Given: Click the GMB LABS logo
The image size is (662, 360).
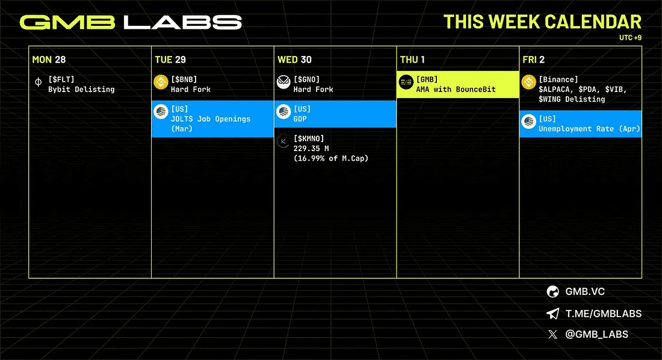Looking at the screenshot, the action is (x=131, y=22).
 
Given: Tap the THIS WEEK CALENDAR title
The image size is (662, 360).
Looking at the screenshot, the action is (x=542, y=22).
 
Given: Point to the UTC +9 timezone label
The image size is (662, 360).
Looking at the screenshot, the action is (x=630, y=37).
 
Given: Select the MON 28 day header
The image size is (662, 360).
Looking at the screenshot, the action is (x=49, y=60).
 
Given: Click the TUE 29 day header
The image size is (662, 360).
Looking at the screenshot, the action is (x=170, y=60).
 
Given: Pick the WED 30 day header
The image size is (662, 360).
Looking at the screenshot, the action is (x=294, y=60).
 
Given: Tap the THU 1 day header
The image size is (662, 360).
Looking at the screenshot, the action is (x=412, y=60).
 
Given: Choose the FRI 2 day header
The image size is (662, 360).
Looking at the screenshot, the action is (x=533, y=60).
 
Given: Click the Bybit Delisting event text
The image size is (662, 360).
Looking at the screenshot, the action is (x=81, y=89).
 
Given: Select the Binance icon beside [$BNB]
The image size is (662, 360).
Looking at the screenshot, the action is (x=161, y=82).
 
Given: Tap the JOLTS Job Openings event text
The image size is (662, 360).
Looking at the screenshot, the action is (x=211, y=119).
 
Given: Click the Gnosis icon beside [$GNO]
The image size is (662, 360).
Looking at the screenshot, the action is (x=283, y=82).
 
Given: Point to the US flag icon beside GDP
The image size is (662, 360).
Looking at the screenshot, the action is (x=283, y=111).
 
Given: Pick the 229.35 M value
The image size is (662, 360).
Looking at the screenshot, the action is (x=311, y=148).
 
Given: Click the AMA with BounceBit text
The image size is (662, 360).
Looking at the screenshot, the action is (x=456, y=89).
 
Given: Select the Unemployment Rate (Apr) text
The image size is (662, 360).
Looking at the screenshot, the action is (x=589, y=129).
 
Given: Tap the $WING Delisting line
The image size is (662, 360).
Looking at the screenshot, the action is (x=572, y=99).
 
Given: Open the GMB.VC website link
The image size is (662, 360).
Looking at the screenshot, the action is (x=585, y=291).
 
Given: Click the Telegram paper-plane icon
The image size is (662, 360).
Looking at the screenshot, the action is (x=552, y=314).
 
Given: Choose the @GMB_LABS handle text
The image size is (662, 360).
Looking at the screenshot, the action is (x=596, y=334).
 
